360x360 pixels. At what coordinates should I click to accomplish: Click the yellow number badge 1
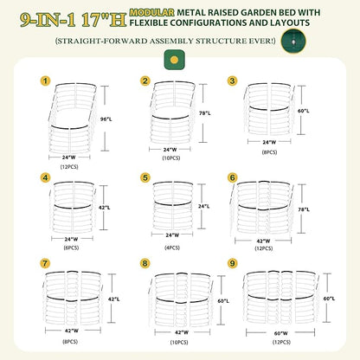click(x=45, y=81)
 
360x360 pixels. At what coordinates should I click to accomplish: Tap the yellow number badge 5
click(x=145, y=177)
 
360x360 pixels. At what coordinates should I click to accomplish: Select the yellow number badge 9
click(x=232, y=263)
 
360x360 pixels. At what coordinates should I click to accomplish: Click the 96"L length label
click(x=106, y=119)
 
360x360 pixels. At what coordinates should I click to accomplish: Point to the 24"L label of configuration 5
click(x=204, y=207)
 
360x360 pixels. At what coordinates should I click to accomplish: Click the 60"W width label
click(x=281, y=333)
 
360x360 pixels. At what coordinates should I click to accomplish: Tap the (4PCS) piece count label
click(x=172, y=247)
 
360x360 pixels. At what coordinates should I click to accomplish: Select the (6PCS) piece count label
click(x=71, y=247)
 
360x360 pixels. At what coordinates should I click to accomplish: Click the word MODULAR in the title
click(x=152, y=12)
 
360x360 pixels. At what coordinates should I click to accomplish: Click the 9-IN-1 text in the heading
click(x=48, y=20)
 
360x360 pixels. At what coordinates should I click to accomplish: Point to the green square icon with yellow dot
click(x=174, y=60)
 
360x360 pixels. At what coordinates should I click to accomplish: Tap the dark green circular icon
click(x=293, y=41)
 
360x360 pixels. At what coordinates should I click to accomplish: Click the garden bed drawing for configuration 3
click(x=268, y=110)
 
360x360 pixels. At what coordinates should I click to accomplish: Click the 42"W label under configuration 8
click(x=182, y=332)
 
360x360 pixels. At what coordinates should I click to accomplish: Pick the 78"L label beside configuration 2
click(x=204, y=113)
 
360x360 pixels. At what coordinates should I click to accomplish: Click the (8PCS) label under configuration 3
click(x=269, y=152)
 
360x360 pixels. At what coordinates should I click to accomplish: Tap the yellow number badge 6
click(x=232, y=177)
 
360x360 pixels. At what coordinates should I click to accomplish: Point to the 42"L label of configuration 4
click(x=105, y=208)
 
